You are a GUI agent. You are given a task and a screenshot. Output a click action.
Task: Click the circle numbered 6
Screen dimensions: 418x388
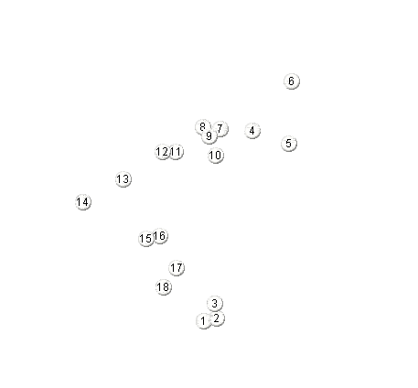tap(292, 81)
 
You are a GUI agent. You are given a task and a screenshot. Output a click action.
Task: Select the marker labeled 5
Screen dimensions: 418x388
tap(289, 144)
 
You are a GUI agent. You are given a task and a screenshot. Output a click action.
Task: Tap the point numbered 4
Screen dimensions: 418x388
tap(252, 131)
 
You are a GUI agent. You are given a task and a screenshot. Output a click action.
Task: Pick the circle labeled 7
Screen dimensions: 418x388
tap(220, 129)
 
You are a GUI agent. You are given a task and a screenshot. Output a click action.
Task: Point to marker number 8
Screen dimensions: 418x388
tap(203, 127)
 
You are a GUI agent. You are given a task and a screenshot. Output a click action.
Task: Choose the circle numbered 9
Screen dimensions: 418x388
tap(209, 136)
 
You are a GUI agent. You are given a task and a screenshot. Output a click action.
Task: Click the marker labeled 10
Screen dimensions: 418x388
tap(216, 156)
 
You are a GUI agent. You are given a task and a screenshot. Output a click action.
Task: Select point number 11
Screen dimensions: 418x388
tap(176, 152)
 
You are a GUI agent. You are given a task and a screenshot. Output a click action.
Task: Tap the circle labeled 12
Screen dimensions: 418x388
tap(163, 152)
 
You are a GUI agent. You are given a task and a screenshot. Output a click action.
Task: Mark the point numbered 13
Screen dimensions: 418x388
tap(123, 179)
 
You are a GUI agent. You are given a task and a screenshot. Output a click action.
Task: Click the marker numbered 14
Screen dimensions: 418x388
tap(83, 202)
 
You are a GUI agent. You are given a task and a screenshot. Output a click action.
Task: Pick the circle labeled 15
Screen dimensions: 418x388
tap(146, 239)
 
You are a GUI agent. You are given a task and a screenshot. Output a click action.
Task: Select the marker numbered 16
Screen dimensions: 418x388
tap(160, 236)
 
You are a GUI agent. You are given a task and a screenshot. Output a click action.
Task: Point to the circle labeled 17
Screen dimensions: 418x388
tap(177, 268)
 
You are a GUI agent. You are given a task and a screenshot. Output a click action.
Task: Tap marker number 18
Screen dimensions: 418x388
tap(164, 287)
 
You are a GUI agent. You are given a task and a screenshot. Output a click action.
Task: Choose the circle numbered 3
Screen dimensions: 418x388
tap(215, 304)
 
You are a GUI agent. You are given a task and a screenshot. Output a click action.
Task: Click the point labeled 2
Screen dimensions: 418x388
tap(217, 318)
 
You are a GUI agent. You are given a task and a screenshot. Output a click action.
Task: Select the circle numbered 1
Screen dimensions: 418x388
tap(204, 321)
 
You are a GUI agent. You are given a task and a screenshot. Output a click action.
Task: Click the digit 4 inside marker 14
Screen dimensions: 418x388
tap(85, 202)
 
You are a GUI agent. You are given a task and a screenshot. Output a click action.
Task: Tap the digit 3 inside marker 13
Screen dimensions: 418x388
tap(125, 178)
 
